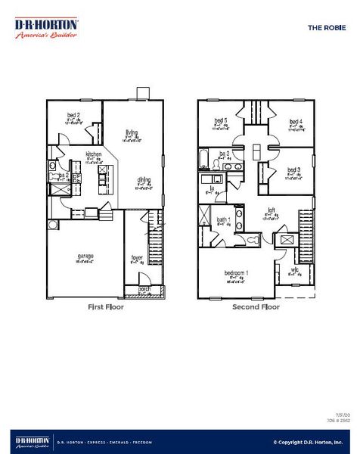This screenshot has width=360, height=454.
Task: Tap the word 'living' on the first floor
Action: [x=131, y=132]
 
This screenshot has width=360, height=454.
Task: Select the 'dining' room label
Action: [x=143, y=179]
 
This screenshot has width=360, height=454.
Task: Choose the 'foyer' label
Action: [x=137, y=257]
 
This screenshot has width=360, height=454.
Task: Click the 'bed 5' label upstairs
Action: [x=220, y=121]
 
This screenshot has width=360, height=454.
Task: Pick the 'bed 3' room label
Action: [x=294, y=170]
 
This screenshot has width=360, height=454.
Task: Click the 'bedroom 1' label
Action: [x=237, y=272]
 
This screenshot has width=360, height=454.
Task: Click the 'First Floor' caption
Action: [x=106, y=307]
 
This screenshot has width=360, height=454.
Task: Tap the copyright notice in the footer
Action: [x=308, y=442]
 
